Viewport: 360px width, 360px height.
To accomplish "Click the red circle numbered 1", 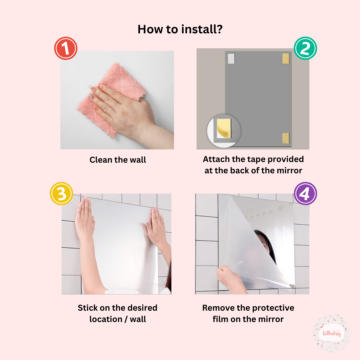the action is pos(66,48).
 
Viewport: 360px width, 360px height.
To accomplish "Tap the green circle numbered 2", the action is pos(305,48).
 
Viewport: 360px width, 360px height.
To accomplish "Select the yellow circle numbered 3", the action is pos(61,193).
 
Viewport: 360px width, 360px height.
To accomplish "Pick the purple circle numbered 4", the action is pos(305,193).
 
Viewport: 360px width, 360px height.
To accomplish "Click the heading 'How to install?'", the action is pos(180,29).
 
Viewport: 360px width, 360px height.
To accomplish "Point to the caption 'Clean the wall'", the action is pos(118,160).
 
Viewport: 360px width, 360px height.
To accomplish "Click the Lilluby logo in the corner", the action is pos(332,333).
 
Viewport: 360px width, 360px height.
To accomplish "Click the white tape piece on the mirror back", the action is pos(231,59).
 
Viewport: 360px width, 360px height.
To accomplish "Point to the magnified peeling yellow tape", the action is pos(224,128).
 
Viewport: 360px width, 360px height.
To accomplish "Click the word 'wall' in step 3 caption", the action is pos(138,319).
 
